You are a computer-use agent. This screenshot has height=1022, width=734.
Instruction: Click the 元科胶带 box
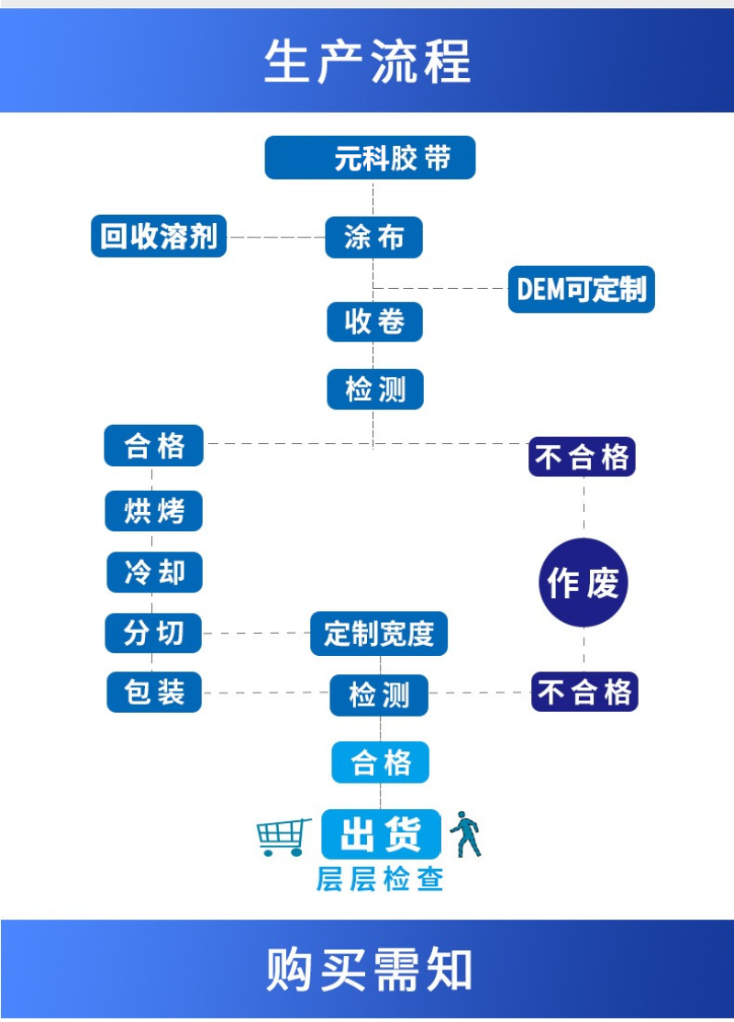point(370,158)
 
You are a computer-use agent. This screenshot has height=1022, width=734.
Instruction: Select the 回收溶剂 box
point(159,236)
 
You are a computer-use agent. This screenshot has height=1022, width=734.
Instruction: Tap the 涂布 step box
point(373,238)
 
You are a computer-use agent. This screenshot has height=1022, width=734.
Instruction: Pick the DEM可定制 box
point(582,289)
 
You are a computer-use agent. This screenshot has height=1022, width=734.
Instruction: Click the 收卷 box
point(374,322)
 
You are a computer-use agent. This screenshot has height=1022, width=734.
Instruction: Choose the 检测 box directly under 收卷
point(374,390)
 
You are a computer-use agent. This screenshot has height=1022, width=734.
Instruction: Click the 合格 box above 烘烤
point(154,447)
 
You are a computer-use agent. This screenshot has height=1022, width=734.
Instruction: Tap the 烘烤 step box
point(154,510)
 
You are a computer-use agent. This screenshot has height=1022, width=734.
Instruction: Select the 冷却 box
point(154,572)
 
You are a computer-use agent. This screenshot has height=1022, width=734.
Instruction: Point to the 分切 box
point(154,632)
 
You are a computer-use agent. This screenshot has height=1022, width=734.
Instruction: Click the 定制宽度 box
point(378,633)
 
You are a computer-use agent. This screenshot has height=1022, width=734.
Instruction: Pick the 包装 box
point(154,692)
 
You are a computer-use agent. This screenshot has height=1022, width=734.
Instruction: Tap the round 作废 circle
point(583,583)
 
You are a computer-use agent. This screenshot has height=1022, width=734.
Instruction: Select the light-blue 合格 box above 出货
point(380,762)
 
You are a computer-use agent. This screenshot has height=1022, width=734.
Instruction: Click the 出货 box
point(381,834)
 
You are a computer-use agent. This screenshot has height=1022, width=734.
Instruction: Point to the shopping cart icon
point(283,836)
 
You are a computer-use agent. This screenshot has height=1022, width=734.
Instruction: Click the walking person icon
point(466,833)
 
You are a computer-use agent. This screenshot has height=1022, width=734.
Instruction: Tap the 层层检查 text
point(380,879)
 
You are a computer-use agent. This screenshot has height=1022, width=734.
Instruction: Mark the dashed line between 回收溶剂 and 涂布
point(275,237)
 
